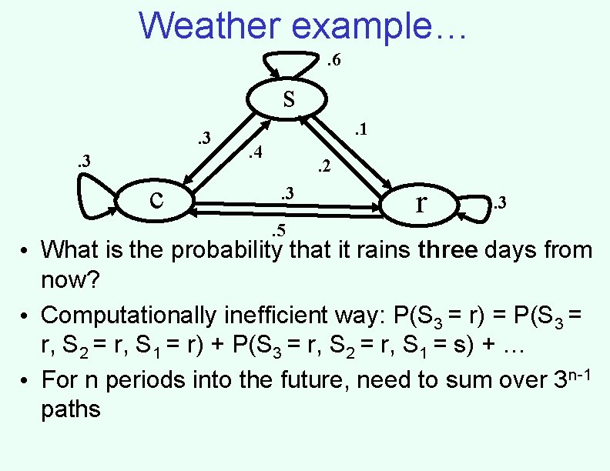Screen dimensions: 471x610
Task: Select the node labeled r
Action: [x=421, y=203]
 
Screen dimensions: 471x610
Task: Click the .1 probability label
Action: [x=359, y=132]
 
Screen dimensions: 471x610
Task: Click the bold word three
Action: [x=449, y=250]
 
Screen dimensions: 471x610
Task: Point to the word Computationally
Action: [x=128, y=316]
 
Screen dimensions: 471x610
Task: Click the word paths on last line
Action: [x=71, y=409]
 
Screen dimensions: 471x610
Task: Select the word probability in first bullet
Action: [x=221, y=251]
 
